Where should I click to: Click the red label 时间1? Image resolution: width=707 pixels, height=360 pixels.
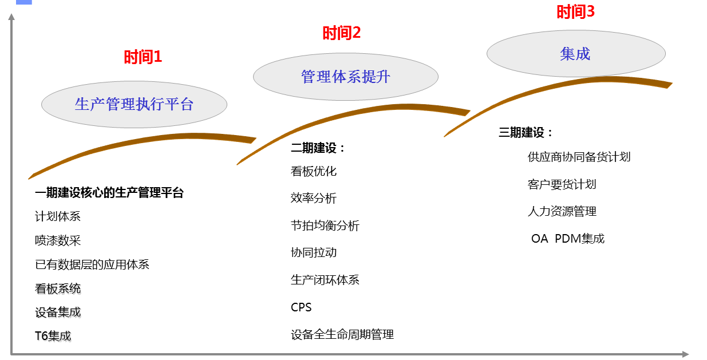point(143,57)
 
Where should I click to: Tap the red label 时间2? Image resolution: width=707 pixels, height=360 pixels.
point(342,33)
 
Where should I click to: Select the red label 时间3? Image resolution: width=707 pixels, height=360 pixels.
point(575,12)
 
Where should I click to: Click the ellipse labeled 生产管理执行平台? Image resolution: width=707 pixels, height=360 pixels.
point(134,104)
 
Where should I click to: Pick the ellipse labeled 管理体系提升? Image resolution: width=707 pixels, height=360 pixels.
point(346,77)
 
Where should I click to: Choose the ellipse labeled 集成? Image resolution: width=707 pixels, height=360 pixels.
point(576,54)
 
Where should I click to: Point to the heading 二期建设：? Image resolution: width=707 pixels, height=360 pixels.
point(318,148)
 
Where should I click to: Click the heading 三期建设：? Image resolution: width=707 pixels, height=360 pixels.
point(526,132)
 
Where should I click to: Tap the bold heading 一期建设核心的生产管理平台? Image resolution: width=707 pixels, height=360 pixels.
point(109,192)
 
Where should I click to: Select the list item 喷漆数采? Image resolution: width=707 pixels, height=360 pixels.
point(58,240)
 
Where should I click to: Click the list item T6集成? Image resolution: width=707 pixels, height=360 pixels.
point(53,336)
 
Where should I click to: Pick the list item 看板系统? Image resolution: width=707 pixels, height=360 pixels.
point(58,288)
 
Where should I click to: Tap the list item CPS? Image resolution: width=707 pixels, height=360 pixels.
point(301,307)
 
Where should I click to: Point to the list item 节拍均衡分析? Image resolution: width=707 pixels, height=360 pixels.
point(325,226)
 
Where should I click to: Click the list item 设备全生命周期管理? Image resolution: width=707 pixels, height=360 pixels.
point(342,334)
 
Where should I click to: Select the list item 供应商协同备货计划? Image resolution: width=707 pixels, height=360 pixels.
point(579,157)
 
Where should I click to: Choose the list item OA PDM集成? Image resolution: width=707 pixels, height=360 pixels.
point(567,239)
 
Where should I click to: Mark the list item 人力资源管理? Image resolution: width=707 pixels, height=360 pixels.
point(562,211)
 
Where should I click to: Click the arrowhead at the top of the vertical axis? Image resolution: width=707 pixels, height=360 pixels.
point(11,17)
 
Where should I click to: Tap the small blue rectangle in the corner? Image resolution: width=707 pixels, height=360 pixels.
point(24,2)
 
